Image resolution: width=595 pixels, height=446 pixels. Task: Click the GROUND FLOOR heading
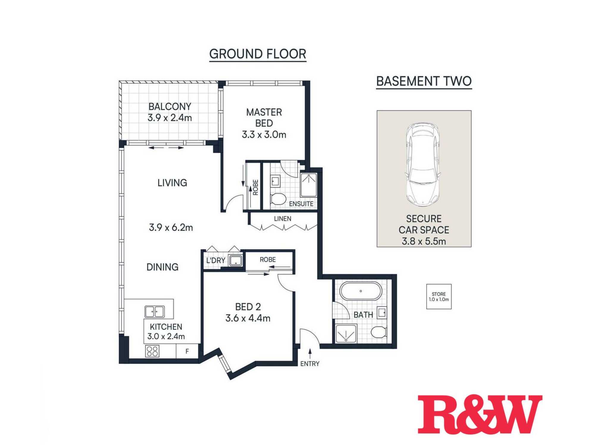click(x=258, y=54)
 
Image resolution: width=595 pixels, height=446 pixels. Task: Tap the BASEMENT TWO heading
click(x=424, y=81)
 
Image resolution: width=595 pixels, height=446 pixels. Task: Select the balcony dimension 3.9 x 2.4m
click(x=170, y=118)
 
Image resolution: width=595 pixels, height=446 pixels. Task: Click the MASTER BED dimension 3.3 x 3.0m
click(x=264, y=135)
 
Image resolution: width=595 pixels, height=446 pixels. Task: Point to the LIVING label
click(x=172, y=183)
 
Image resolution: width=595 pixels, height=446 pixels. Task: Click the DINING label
click(x=162, y=267)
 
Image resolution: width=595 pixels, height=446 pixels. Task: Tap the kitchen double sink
click(x=155, y=312)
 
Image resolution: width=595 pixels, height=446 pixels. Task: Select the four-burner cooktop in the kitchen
click(x=152, y=351)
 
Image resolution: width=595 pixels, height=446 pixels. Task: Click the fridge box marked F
click(x=187, y=351)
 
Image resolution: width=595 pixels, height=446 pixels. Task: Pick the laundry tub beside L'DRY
click(x=235, y=261)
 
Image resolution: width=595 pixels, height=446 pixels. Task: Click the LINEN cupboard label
click(x=283, y=219)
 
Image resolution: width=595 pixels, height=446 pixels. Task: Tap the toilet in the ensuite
click(x=278, y=199)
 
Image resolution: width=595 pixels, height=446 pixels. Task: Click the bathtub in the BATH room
click(x=361, y=291)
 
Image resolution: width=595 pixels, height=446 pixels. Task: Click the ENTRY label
click(x=310, y=364)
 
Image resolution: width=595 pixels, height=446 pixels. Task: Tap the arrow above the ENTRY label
click(x=310, y=354)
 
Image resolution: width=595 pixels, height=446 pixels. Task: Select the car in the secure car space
click(x=423, y=164)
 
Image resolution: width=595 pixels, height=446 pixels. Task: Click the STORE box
click(x=439, y=296)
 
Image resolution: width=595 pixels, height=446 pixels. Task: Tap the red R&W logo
click(x=480, y=414)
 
